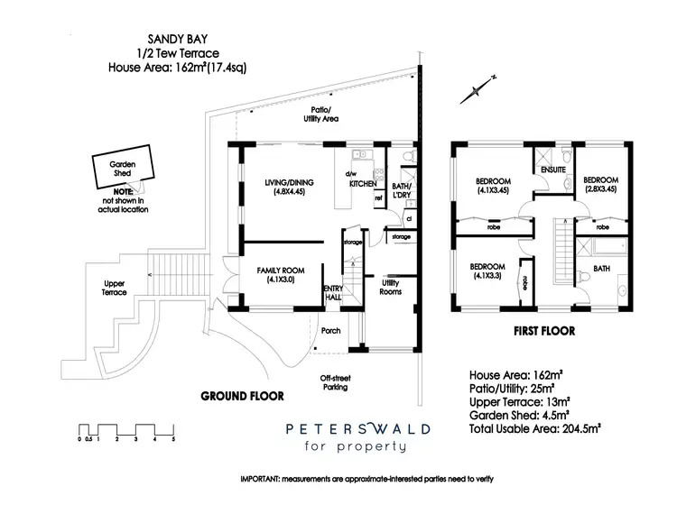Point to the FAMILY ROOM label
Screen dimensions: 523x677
pos(282,275)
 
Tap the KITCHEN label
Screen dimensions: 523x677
pos(363,184)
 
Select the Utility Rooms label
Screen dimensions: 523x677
pos(390,287)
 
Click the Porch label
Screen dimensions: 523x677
pos(331,331)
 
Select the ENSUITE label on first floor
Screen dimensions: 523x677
pos(552,169)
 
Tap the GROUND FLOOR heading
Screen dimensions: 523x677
pos(242,395)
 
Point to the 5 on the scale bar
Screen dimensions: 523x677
pos(172,439)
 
